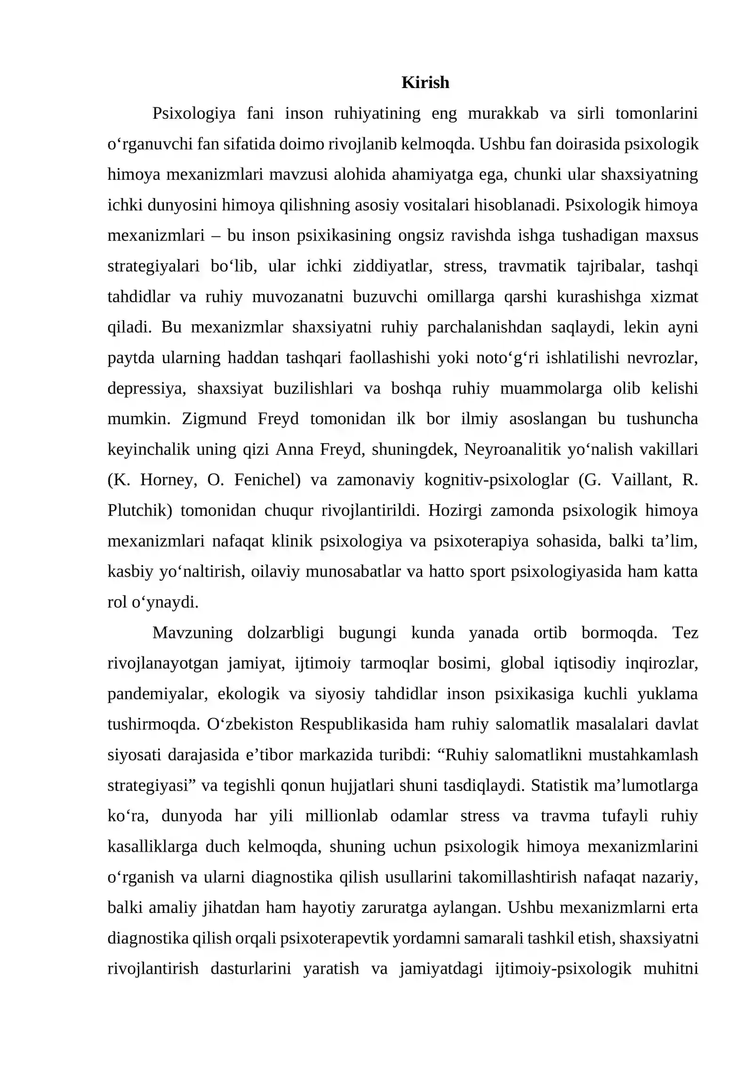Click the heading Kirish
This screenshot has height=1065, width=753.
(425, 82)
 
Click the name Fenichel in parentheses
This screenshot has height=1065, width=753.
(267, 479)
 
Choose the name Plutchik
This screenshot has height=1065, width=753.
(140, 510)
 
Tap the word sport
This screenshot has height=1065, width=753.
(489, 571)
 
